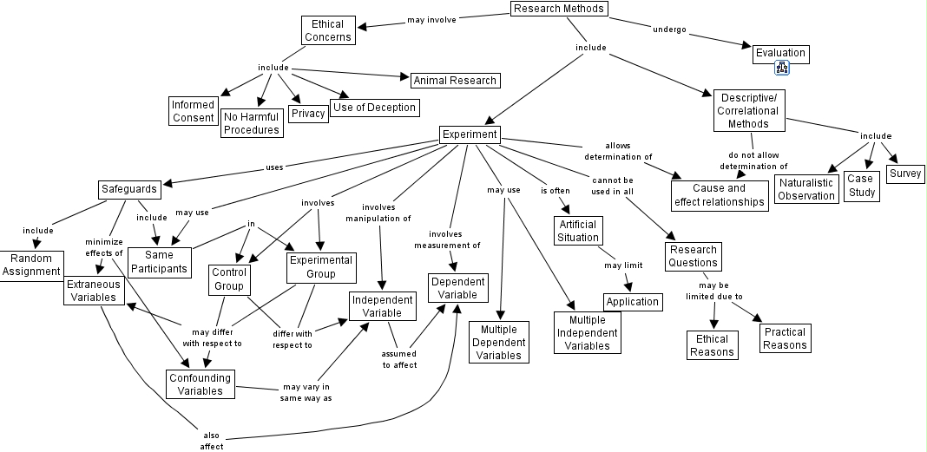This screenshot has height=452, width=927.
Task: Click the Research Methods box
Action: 557,10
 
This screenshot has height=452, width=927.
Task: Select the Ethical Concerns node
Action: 328,30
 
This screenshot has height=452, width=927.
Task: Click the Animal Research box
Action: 455,81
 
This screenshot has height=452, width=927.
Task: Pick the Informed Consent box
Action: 193,111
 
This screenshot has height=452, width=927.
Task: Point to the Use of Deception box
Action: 375,108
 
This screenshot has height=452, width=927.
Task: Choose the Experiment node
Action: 470,134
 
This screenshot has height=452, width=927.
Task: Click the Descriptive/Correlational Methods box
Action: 748,110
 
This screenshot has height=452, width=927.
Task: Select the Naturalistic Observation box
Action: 806,189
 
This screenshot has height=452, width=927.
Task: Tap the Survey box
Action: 904,174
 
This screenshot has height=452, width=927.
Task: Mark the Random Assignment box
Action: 31,265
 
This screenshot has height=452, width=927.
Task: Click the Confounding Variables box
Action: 201,383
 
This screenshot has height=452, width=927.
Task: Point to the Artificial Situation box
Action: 578,231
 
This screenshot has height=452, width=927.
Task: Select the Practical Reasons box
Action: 785,338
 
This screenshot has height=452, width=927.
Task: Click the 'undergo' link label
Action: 669,29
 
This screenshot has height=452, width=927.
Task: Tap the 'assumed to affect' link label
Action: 399,359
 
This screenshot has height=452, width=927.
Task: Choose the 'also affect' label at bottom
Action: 212,441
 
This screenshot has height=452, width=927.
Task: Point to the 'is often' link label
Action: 555,190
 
